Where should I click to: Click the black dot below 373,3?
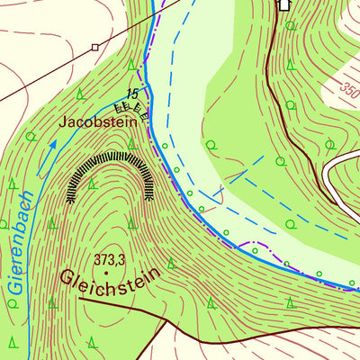107,271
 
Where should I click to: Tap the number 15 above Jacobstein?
132,94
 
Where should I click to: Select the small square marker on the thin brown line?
94,45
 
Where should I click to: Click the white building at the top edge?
284,4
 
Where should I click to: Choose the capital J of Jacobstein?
64,120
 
